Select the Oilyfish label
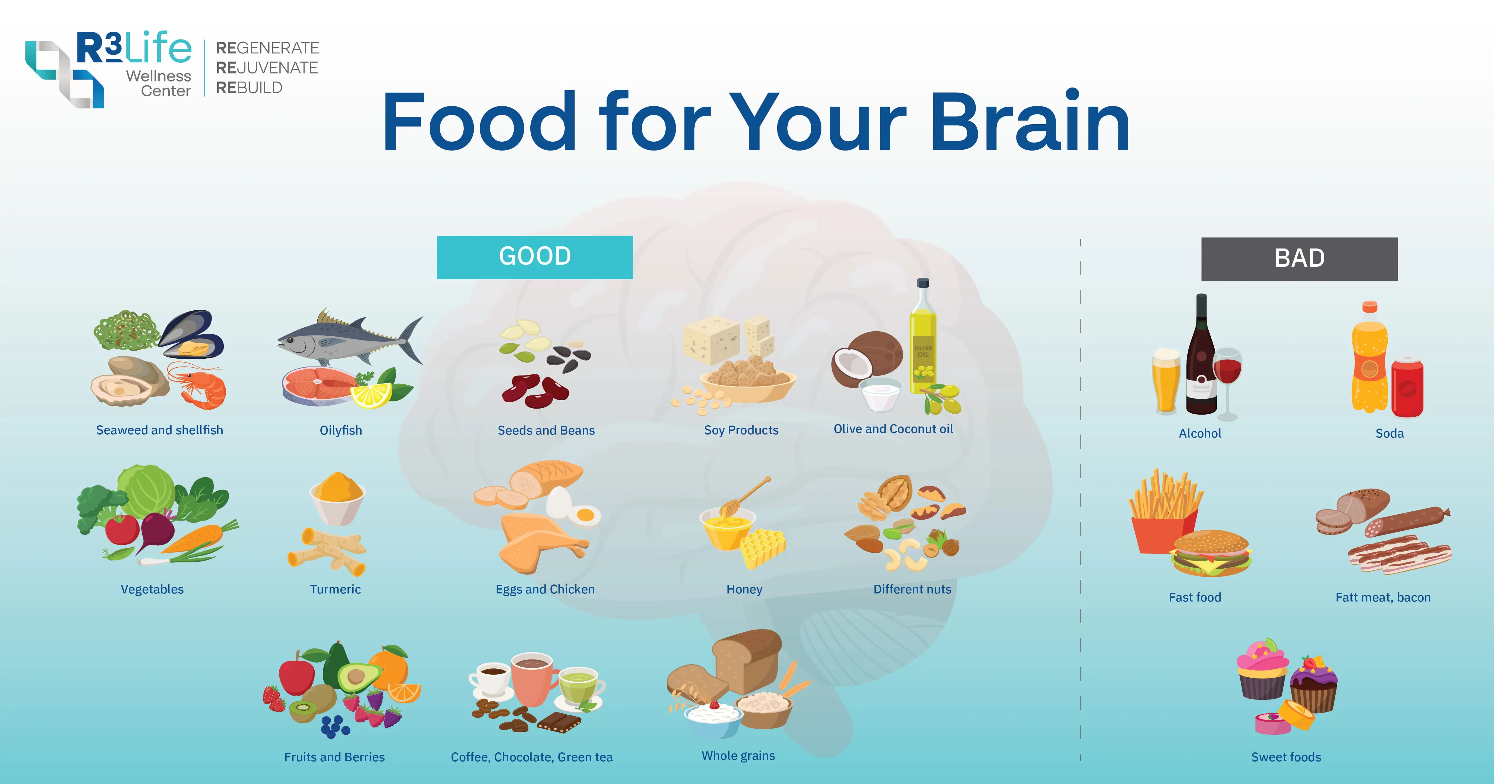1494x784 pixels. [341, 430]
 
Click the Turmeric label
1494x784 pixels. [335, 589]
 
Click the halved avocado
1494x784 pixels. [358, 677]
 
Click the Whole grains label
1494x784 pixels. [738, 756]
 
